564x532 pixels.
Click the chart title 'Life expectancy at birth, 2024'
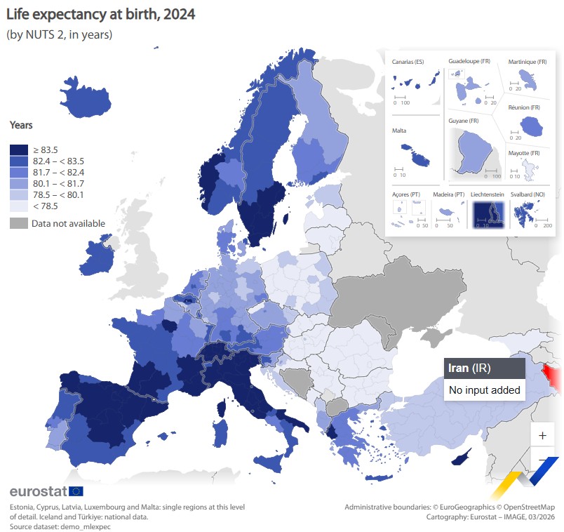[101, 14]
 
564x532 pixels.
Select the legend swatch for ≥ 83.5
[18, 149]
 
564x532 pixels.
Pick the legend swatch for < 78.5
[18, 206]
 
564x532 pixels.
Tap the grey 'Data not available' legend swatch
[18, 223]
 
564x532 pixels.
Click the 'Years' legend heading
[21, 125]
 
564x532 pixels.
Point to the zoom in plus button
[542, 435]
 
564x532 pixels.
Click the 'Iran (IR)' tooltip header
[469, 368]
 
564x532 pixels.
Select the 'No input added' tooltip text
[484, 390]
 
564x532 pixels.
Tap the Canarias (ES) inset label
[408, 62]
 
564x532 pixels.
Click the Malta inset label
[399, 131]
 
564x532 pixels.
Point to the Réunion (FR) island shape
[531, 126]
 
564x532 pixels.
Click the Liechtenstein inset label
[488, 194]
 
